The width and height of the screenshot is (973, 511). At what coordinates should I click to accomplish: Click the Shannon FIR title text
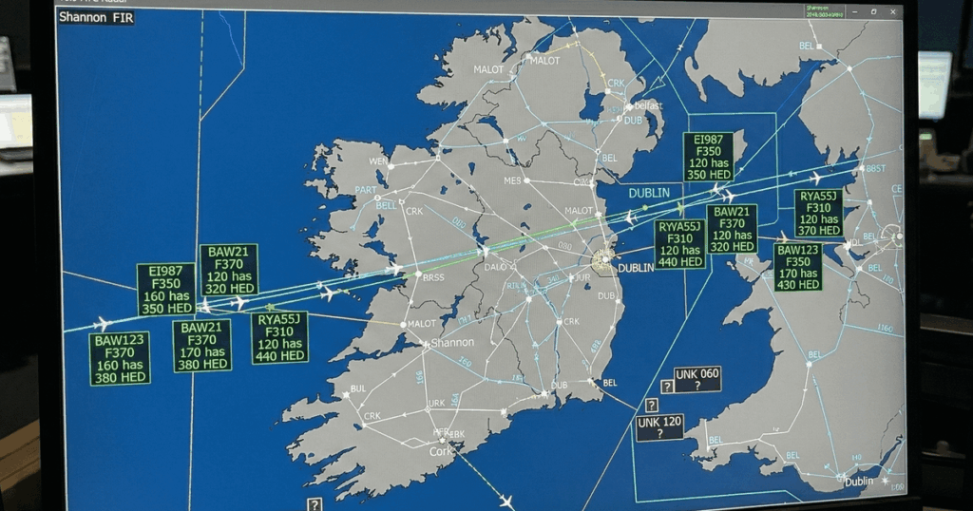96,17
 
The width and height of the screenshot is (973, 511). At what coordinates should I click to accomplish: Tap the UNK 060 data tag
696,379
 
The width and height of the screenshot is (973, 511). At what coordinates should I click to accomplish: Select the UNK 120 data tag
660,427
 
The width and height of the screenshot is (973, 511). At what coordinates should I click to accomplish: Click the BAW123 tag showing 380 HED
121,358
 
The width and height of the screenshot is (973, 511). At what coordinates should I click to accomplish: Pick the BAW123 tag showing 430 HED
797,267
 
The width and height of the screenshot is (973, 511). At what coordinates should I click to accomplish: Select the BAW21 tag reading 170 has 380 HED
201,346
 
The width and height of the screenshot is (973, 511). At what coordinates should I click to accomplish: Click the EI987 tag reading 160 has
164,289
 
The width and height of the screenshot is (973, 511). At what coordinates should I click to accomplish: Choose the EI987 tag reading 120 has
708,156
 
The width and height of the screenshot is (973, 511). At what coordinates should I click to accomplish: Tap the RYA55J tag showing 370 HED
818,213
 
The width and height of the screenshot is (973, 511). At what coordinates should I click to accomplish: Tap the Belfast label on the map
646,105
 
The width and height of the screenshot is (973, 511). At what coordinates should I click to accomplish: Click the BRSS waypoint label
433,277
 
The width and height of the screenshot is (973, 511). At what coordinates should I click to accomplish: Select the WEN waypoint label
378,161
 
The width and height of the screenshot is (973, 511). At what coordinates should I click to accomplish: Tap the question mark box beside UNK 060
667,386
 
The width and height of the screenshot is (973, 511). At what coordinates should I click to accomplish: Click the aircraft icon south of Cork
506,501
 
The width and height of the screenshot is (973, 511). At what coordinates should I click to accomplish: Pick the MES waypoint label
513,180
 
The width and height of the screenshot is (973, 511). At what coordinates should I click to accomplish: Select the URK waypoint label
437,404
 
